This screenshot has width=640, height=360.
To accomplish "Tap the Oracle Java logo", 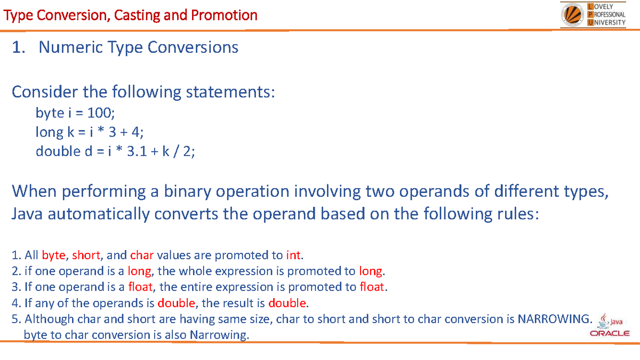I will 610,326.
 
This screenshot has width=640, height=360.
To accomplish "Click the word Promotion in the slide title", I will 224,15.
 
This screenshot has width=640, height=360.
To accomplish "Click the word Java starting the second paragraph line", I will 27,214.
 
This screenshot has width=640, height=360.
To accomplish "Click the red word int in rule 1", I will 293,254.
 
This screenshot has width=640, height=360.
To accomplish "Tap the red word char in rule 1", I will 142,254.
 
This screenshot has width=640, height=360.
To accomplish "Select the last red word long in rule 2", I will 371,270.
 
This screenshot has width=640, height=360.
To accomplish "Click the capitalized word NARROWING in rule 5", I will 555,319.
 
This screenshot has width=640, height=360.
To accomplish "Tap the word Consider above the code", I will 44,92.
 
